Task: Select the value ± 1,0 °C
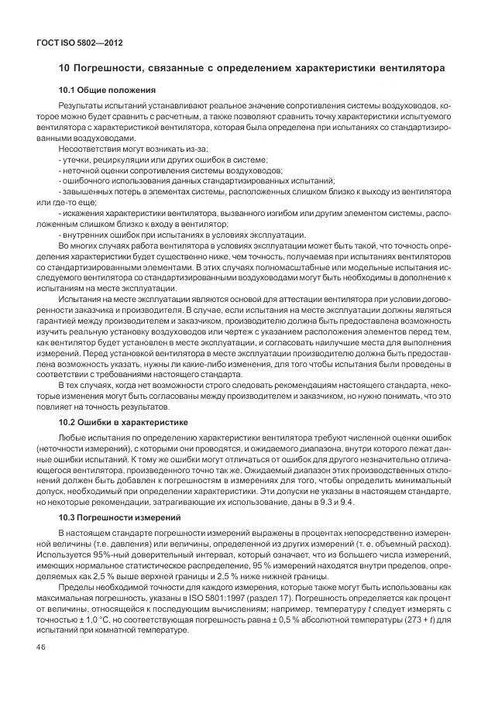click(x=91, y=621)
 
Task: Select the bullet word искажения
click(x=83, y=212)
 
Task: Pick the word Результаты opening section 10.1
click(x=82, y=105)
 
